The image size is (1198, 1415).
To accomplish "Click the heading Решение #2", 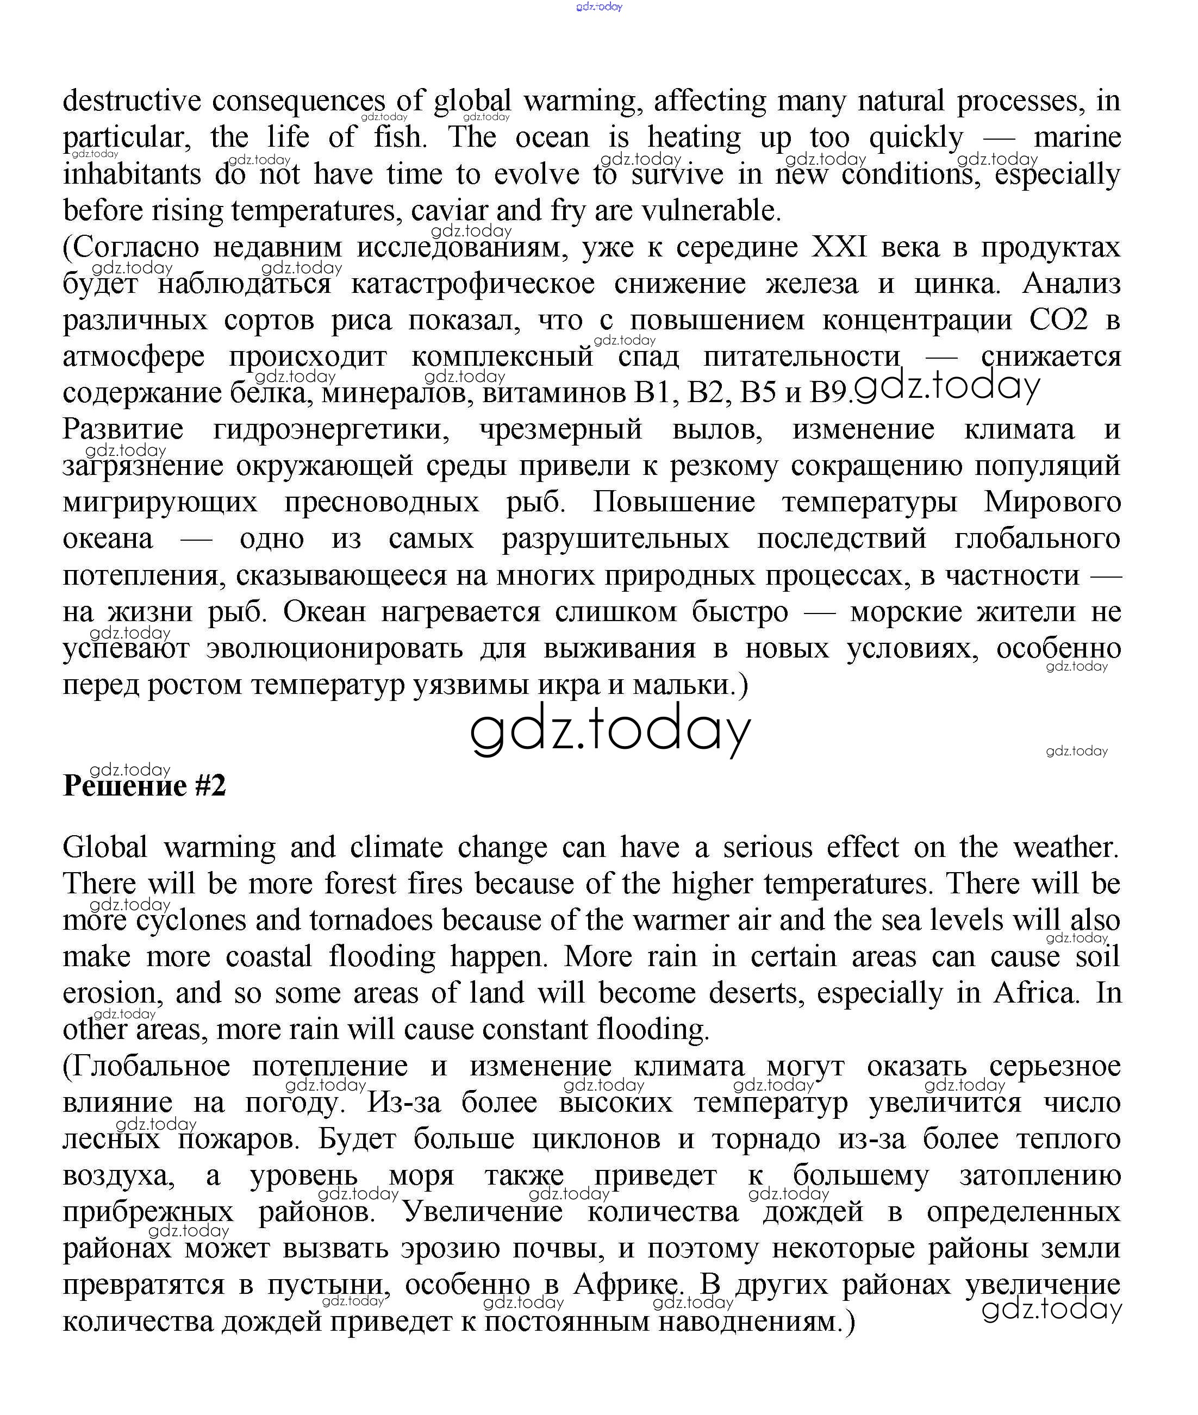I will tap(144, 786).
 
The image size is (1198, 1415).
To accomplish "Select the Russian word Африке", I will tap(626, 1285).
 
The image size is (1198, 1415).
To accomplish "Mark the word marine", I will tap(1077, 138).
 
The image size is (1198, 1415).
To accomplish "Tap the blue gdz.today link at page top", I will tap(598, 7).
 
